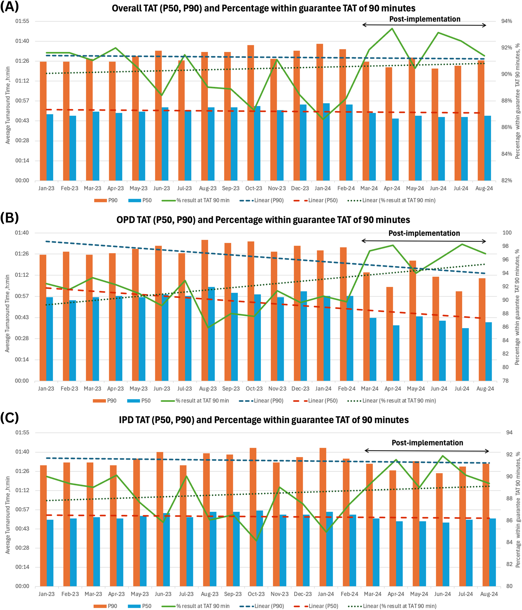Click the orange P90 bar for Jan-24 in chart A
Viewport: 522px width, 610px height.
(320, 112)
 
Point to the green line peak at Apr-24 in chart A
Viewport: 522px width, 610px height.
(392, 28)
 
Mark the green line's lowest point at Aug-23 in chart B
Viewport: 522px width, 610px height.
(208, 327)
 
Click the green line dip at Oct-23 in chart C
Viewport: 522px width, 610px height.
(256, 541)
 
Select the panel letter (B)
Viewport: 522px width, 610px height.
(9, 218)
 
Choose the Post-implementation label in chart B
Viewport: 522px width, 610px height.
(424, 233)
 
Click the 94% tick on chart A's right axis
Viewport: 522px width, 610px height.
(506, 21)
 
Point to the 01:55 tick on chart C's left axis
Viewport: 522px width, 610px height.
(22, 432)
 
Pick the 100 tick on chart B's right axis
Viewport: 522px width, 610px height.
(507, 233)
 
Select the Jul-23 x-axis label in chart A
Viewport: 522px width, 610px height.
(185, 188)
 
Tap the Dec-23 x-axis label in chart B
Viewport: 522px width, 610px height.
(300, 389)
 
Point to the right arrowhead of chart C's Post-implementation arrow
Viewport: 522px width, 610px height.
(488, 451)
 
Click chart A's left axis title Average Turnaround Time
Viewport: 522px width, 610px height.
(8, 105)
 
